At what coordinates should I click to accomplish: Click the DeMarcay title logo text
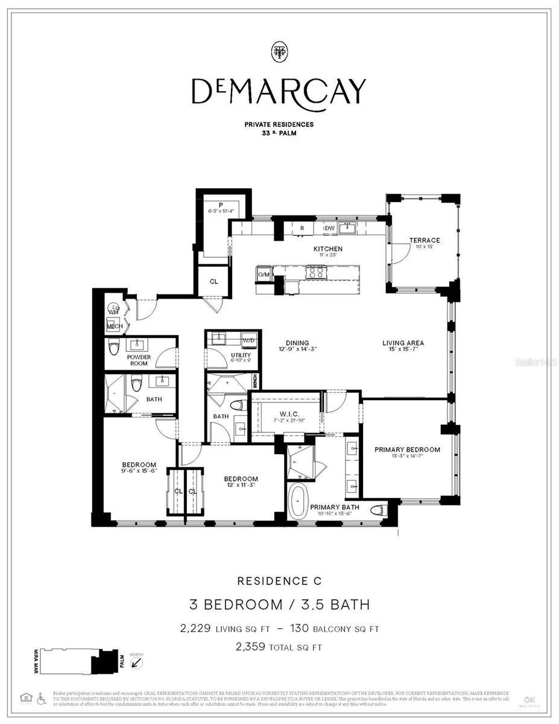click(x=279, y=92)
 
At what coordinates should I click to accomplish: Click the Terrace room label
click(x=425, y=240)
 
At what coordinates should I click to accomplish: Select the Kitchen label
click(x=327, y=249)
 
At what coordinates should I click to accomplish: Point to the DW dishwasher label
click(x=329, y=228)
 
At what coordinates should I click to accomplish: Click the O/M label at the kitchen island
click(x=264, y=275)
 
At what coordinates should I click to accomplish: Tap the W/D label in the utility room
click(x=248, y=341)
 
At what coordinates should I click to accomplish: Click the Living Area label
click(x=403, y=343)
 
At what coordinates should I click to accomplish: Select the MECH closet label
click(x=115, y=326)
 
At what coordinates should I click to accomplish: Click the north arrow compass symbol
click(x=137, y=662)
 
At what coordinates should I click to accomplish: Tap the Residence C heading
click(x=279, y=581)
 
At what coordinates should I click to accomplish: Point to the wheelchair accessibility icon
click(x=42, y=698)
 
